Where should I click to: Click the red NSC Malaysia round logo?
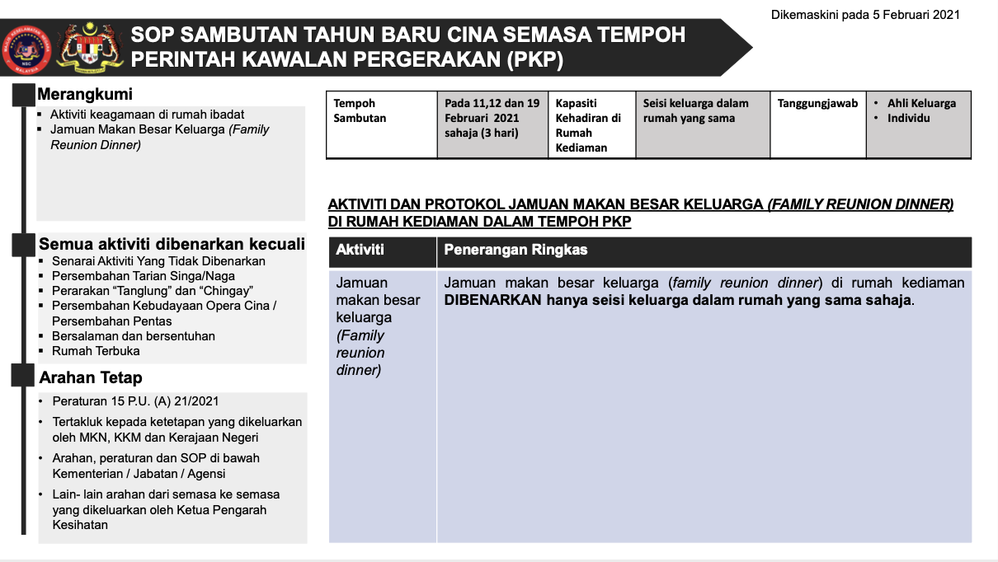(26, 47)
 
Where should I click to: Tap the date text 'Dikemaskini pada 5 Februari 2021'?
(865, 14)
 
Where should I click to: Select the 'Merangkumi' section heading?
(85, 94)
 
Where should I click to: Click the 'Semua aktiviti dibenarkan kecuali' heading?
(172, 244)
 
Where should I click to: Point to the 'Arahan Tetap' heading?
(91, 377)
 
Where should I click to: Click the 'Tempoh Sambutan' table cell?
(355, 110)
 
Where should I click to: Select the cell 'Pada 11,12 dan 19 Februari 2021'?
(492, 118)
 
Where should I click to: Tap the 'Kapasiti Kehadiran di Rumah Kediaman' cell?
(588, 125)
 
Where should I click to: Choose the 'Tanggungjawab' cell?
(817, 104)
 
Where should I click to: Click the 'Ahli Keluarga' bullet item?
(921, 104)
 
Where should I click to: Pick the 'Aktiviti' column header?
(360, 249)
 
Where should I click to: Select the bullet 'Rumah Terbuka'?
(96, 350)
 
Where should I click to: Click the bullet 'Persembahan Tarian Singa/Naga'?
(144, 276)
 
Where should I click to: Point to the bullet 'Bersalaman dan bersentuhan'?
(134, 335)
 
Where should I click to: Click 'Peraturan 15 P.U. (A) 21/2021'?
(135, 401)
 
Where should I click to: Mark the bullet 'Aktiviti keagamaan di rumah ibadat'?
(147, 115)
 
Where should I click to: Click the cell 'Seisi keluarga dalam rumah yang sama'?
(696, 110)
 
